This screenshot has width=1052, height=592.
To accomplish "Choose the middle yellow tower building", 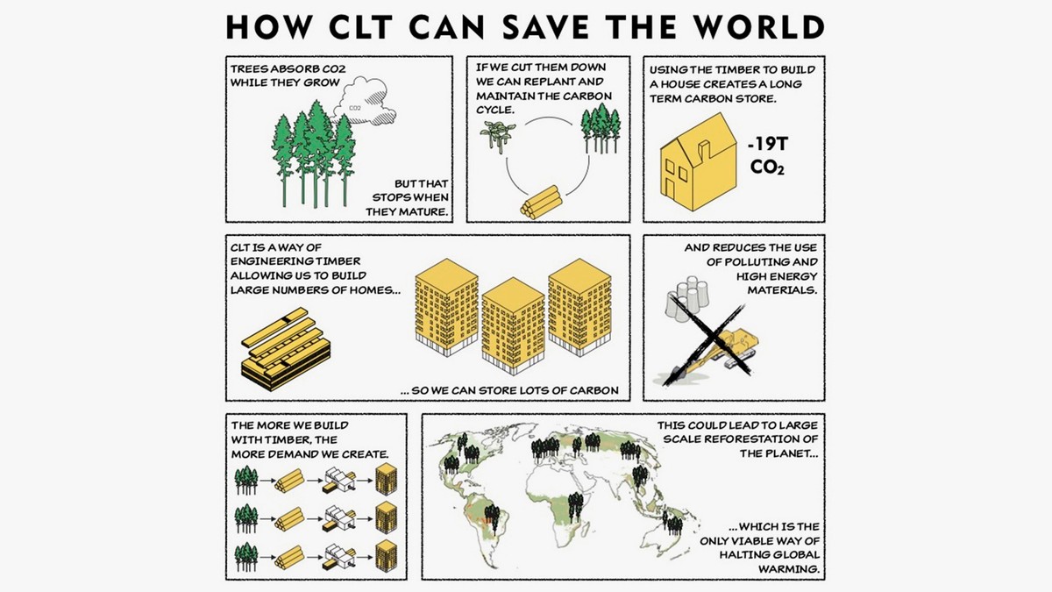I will pyautogui.click(x=513, y=325).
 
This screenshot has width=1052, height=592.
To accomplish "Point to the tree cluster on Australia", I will pyautogui.click(x=673, y=524).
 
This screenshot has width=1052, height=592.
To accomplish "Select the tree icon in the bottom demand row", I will pyautogui.click(x=245, y=554).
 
